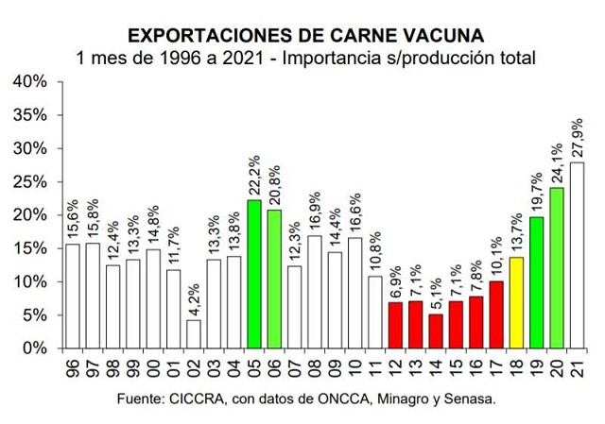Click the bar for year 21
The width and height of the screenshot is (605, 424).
point(577,255)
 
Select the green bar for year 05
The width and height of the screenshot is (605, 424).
point(253,274)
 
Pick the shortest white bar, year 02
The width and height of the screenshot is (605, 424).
point(193,333)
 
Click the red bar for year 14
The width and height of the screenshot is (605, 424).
point(435,331)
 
